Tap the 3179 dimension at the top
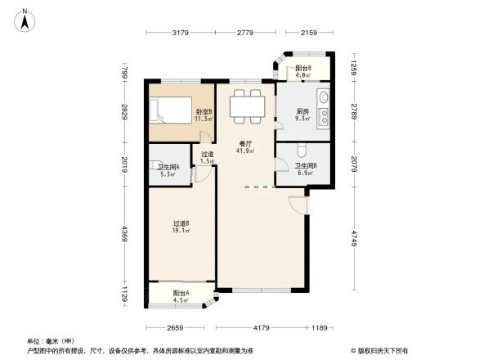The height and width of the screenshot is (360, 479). pyautogui.click(x=181, y=33)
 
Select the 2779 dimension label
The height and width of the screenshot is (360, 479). pyautogui.click(x=248, y=33)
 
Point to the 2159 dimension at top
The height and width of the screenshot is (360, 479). pyautogui.click(x=308, y=33)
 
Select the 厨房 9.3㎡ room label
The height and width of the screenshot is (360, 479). pyautogui.click(x=303, y=115)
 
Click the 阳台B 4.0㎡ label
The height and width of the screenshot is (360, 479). pyautogui.click(x=303, y=71)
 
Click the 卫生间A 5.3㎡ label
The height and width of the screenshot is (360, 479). pyautogui.click(x=168, y=169)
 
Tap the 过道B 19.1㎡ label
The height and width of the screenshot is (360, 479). pyautogui.click(x=181, y=226)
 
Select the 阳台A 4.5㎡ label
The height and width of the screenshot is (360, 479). pyautogui.click(x=181, y=295)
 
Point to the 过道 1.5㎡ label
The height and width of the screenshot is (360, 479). pyautogui.click(x=208, y=157)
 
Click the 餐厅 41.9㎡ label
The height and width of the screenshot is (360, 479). pyautogui.click(x=246, y=146)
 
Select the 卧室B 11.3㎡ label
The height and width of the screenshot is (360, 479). pyautogui.click(x=204, y=115)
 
